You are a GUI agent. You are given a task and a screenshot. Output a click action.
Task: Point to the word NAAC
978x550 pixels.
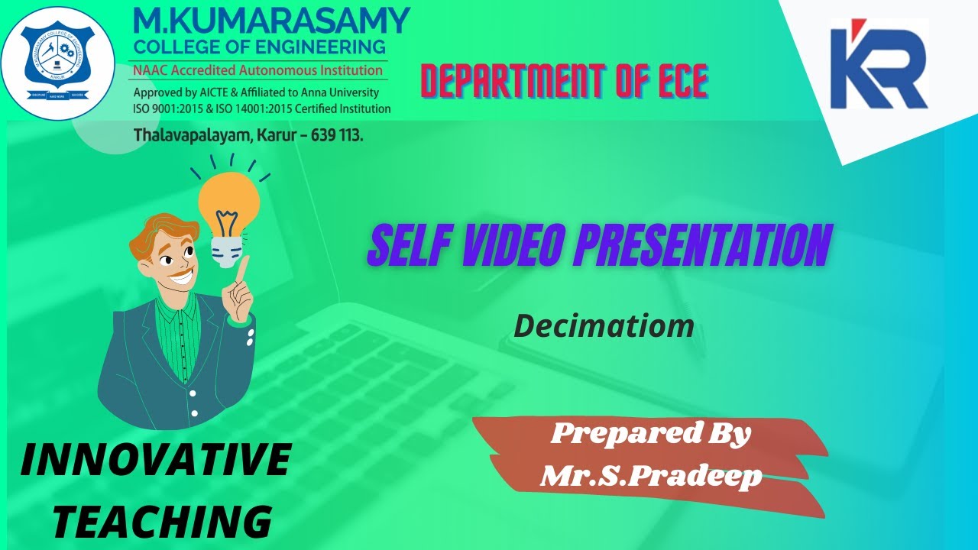tap(151, 70)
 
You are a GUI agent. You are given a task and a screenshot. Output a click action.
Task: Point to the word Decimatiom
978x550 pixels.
tap(604, 325)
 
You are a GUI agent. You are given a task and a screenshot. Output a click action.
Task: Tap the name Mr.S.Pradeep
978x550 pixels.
tap(651, 476)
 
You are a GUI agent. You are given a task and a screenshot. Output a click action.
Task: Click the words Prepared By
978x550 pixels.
tap(651, 434)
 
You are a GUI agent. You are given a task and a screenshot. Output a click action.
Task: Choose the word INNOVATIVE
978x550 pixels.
tap(155, 461)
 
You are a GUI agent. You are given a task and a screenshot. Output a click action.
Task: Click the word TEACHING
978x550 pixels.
tap(163, 522)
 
